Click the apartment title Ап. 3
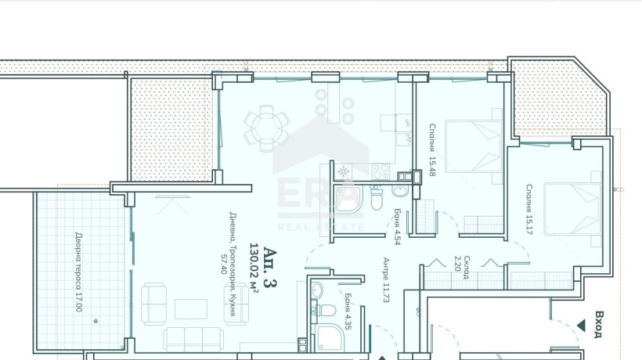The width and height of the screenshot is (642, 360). [270, 267]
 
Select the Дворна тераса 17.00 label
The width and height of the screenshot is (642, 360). [78, 272]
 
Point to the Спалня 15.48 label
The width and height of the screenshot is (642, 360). [432, 150]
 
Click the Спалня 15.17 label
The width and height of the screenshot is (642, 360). [529, 210]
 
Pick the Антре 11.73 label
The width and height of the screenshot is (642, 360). [386, 280]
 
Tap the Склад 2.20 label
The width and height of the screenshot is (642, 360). [462, 268]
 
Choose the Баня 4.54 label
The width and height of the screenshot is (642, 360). [397, 227]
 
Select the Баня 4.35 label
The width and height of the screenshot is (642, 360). [348, 311]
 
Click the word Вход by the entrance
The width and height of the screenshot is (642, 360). [599, 325]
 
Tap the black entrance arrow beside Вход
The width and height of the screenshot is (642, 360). [581, 326]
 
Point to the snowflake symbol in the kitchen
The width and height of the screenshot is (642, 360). [343, 171]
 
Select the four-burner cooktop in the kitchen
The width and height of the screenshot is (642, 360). [381, 171]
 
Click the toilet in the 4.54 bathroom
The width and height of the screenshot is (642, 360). [376, 198]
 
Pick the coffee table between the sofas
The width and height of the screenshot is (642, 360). [191, 309]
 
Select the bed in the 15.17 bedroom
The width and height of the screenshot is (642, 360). [572, 210]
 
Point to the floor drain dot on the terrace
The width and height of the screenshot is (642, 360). [96, 321]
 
